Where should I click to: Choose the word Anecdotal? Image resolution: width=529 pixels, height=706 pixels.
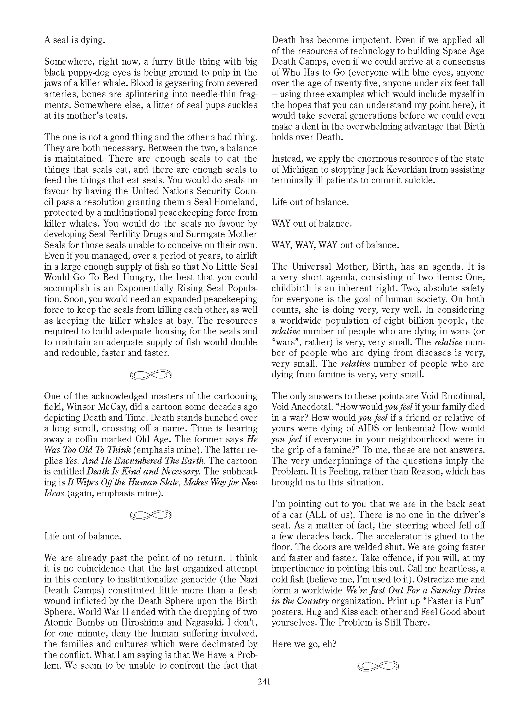coord(310,407)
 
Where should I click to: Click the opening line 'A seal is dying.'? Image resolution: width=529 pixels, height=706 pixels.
coord(74,40)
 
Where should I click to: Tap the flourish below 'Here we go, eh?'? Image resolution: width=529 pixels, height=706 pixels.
coord(378,666)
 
